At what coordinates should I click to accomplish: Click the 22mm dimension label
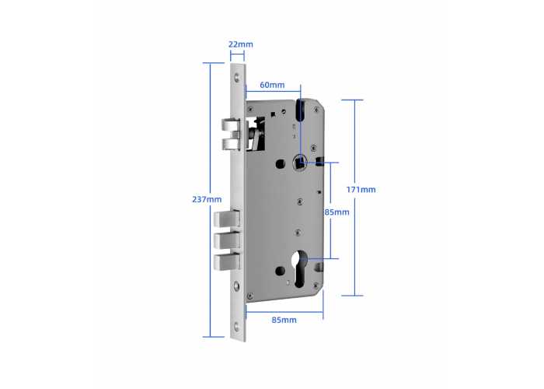coord(240,44)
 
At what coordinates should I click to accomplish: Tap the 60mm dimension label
coord(272,85)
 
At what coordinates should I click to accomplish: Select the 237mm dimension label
coord(207,200)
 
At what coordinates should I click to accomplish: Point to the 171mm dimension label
coord(361,190)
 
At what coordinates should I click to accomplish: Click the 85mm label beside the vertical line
coord(337,212)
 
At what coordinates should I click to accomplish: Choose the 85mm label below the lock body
coord(284,320)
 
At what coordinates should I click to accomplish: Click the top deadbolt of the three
coord(227,219)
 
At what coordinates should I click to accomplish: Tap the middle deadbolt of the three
coord(227,240)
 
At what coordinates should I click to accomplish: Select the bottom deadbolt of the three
coord(227,262)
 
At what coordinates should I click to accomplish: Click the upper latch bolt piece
coord(231,124)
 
